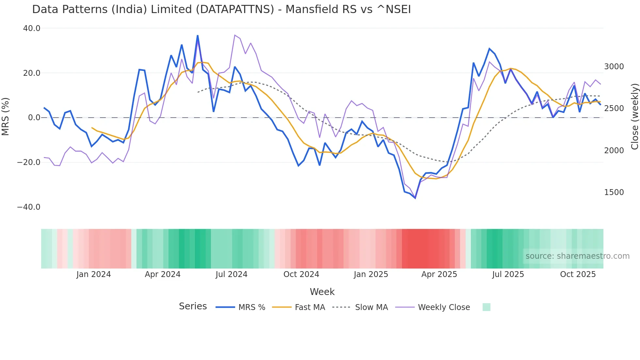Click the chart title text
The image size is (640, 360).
click(x=221, y=9)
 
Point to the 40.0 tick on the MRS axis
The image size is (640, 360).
click(x=32, y=28)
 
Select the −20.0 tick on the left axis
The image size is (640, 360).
click(x=29, y=162)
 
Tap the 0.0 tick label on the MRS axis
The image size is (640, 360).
click(x=34, y=118)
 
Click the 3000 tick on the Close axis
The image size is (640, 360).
click(x=614, y=67)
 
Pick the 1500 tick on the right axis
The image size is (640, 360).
click(x=614, y=192)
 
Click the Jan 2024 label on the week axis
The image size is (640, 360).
click(x=94, y=274)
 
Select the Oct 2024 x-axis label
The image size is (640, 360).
click(x=301, y=274)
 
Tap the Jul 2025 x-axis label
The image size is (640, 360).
click(x=508, y=274)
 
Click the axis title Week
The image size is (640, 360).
click(x=322, y=292)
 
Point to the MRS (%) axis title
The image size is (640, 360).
click(x=6, y=117)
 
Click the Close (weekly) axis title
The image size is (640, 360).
click(x=634, y=117)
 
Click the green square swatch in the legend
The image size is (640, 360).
click(x=486, y=307)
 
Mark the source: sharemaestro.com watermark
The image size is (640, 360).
click(x=577, y=256)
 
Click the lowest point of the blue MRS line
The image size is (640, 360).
click(x=415, y=198)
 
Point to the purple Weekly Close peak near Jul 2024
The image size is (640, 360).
click(x=235, y=35)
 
